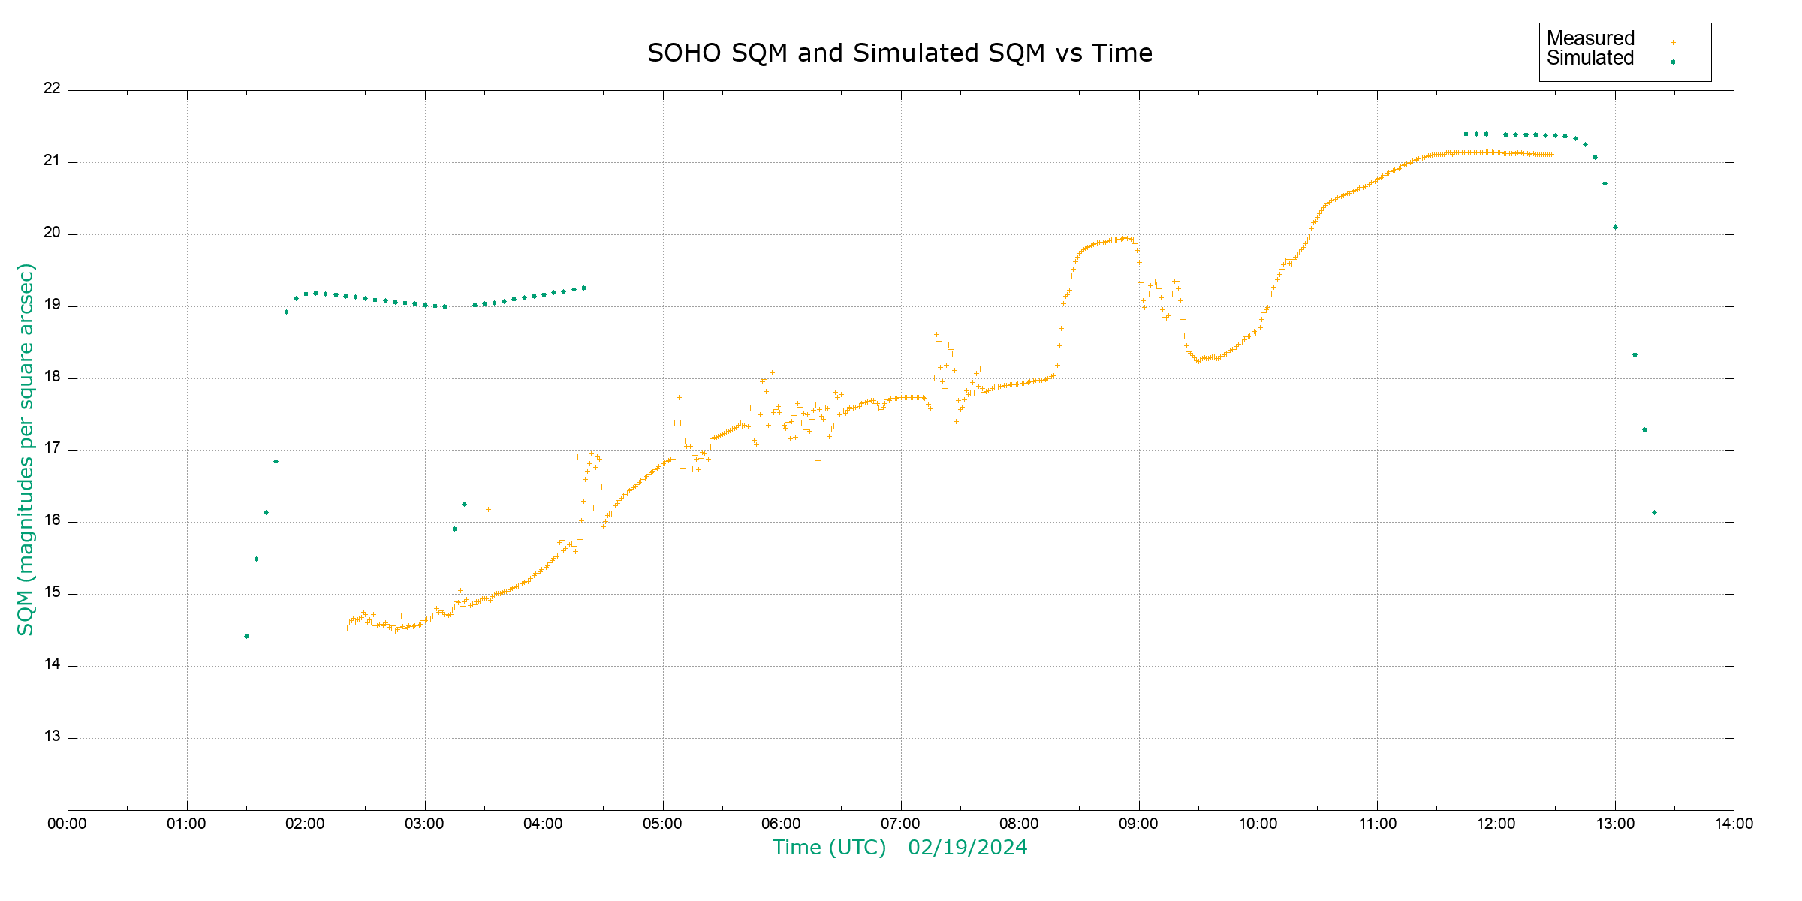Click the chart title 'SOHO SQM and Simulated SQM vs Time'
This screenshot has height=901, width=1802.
click(x=899, y=53)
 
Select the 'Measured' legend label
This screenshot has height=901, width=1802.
click(x=1590, y=38)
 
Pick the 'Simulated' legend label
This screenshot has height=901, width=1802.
click(x=1590, y=59)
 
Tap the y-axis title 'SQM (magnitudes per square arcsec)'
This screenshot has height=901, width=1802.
click(x=26, y=450)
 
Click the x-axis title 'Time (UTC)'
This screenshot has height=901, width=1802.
click(x=829, y=848)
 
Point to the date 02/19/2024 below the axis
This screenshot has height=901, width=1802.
click(x=967, y=848)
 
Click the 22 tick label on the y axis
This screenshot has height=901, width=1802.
click(x=52, y=88)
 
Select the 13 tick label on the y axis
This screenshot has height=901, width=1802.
click(x=52, y=737)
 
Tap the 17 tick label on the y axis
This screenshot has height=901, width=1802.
click(x=52, y=448)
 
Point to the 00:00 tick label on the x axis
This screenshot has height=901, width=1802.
click(x=68, y=824)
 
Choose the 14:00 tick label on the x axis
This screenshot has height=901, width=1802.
click(x=1734, y=824)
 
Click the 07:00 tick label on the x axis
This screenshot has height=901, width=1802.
click(x=900, y=824)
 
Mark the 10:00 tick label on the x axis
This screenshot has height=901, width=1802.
click(x=1258, y=824)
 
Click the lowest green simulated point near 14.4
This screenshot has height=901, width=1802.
click(x=246, y=637)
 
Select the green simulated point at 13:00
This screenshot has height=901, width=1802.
click(x=1615, y=228)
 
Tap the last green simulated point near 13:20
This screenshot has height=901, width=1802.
click(x=1654, y=513)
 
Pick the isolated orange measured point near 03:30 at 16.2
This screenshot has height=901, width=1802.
click(x=488, y=510)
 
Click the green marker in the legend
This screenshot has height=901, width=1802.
click(x=1673, y=62)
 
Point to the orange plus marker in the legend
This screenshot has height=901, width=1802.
click(x=1673, y=43)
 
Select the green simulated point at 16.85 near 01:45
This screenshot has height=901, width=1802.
click(x=276, y=462)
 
